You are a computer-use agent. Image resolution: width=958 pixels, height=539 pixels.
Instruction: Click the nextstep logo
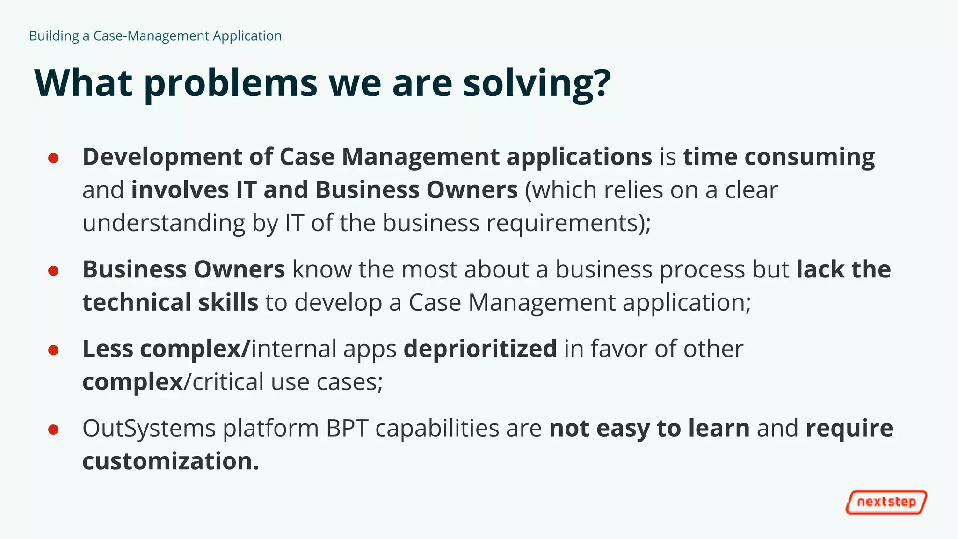tap(886, 502)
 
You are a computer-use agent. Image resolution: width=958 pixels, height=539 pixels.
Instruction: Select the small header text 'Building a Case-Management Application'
tap(155, 36)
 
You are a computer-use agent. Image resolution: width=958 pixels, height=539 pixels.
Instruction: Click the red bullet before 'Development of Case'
tap(53, 158)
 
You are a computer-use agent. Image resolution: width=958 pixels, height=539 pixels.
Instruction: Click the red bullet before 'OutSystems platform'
tap(53, 430)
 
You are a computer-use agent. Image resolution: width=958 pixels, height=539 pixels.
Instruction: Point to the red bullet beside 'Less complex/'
tap(53, 350)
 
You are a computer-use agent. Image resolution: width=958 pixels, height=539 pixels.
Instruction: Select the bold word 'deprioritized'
tap(480, 349)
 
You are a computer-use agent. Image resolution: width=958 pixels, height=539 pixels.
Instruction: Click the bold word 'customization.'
tap(171, 461)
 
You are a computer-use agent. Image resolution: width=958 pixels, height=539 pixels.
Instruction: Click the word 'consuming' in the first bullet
tap(809, 157)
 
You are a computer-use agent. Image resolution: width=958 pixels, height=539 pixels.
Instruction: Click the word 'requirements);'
tap(568, 223)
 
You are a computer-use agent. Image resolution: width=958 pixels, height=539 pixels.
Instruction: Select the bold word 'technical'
tap(137, 302)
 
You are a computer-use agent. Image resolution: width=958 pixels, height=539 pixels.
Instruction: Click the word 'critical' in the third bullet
tap(228, 382)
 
